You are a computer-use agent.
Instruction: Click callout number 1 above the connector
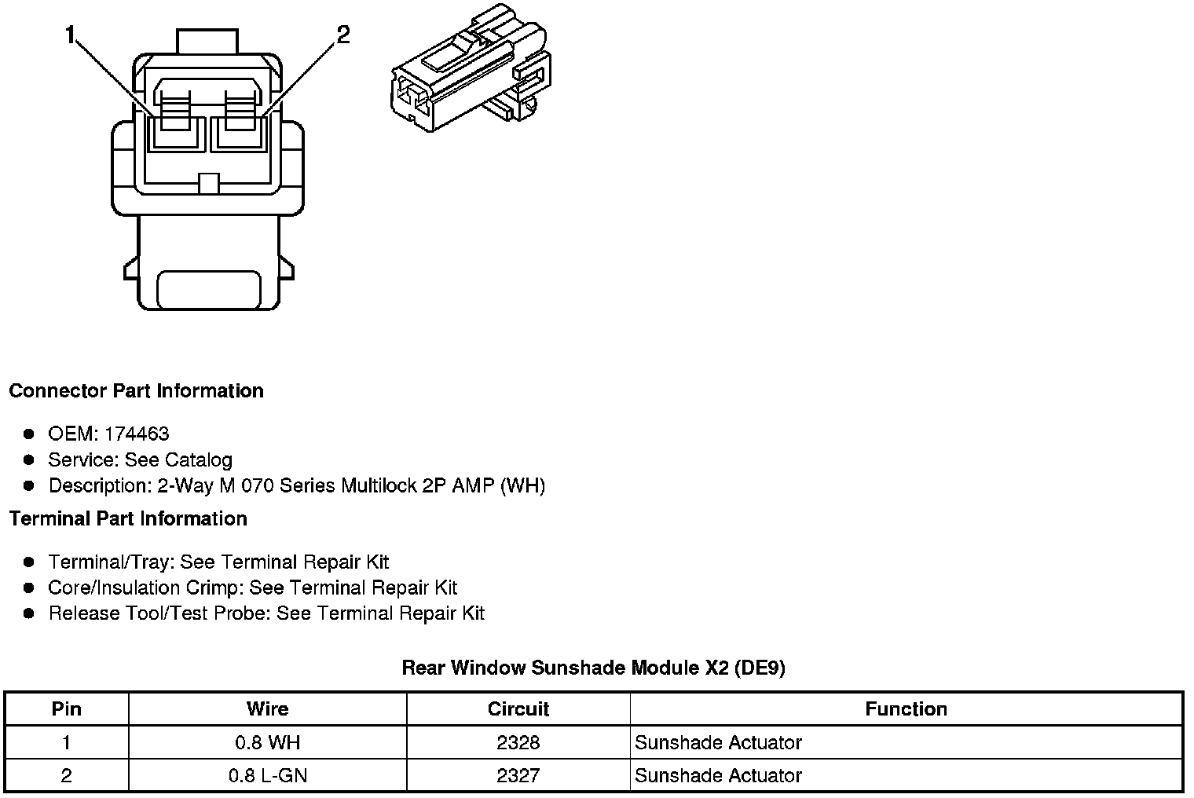tap(71, 35)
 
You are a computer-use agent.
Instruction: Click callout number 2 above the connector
tap(342, 35)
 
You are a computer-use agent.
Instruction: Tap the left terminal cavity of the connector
tap(176, 131)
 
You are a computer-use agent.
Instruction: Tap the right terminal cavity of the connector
tap(239, 131)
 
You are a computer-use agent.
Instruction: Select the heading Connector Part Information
tap(136, 391)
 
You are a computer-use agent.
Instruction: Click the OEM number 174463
tap(136, 434)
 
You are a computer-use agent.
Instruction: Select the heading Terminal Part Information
tap(128, 518)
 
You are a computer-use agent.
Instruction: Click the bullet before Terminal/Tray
tap(29, 562)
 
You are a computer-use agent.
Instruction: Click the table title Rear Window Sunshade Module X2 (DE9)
tap(593, 668)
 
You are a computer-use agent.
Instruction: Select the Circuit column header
tap(518, 709)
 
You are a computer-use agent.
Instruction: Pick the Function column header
tap(906, 709)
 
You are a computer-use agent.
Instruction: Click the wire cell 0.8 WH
tap(267, 742)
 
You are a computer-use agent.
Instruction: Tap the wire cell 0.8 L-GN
tap(267, 776)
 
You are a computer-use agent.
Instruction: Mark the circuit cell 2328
tap(518, 742)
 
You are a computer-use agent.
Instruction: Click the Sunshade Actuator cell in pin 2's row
tap(718, 776)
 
